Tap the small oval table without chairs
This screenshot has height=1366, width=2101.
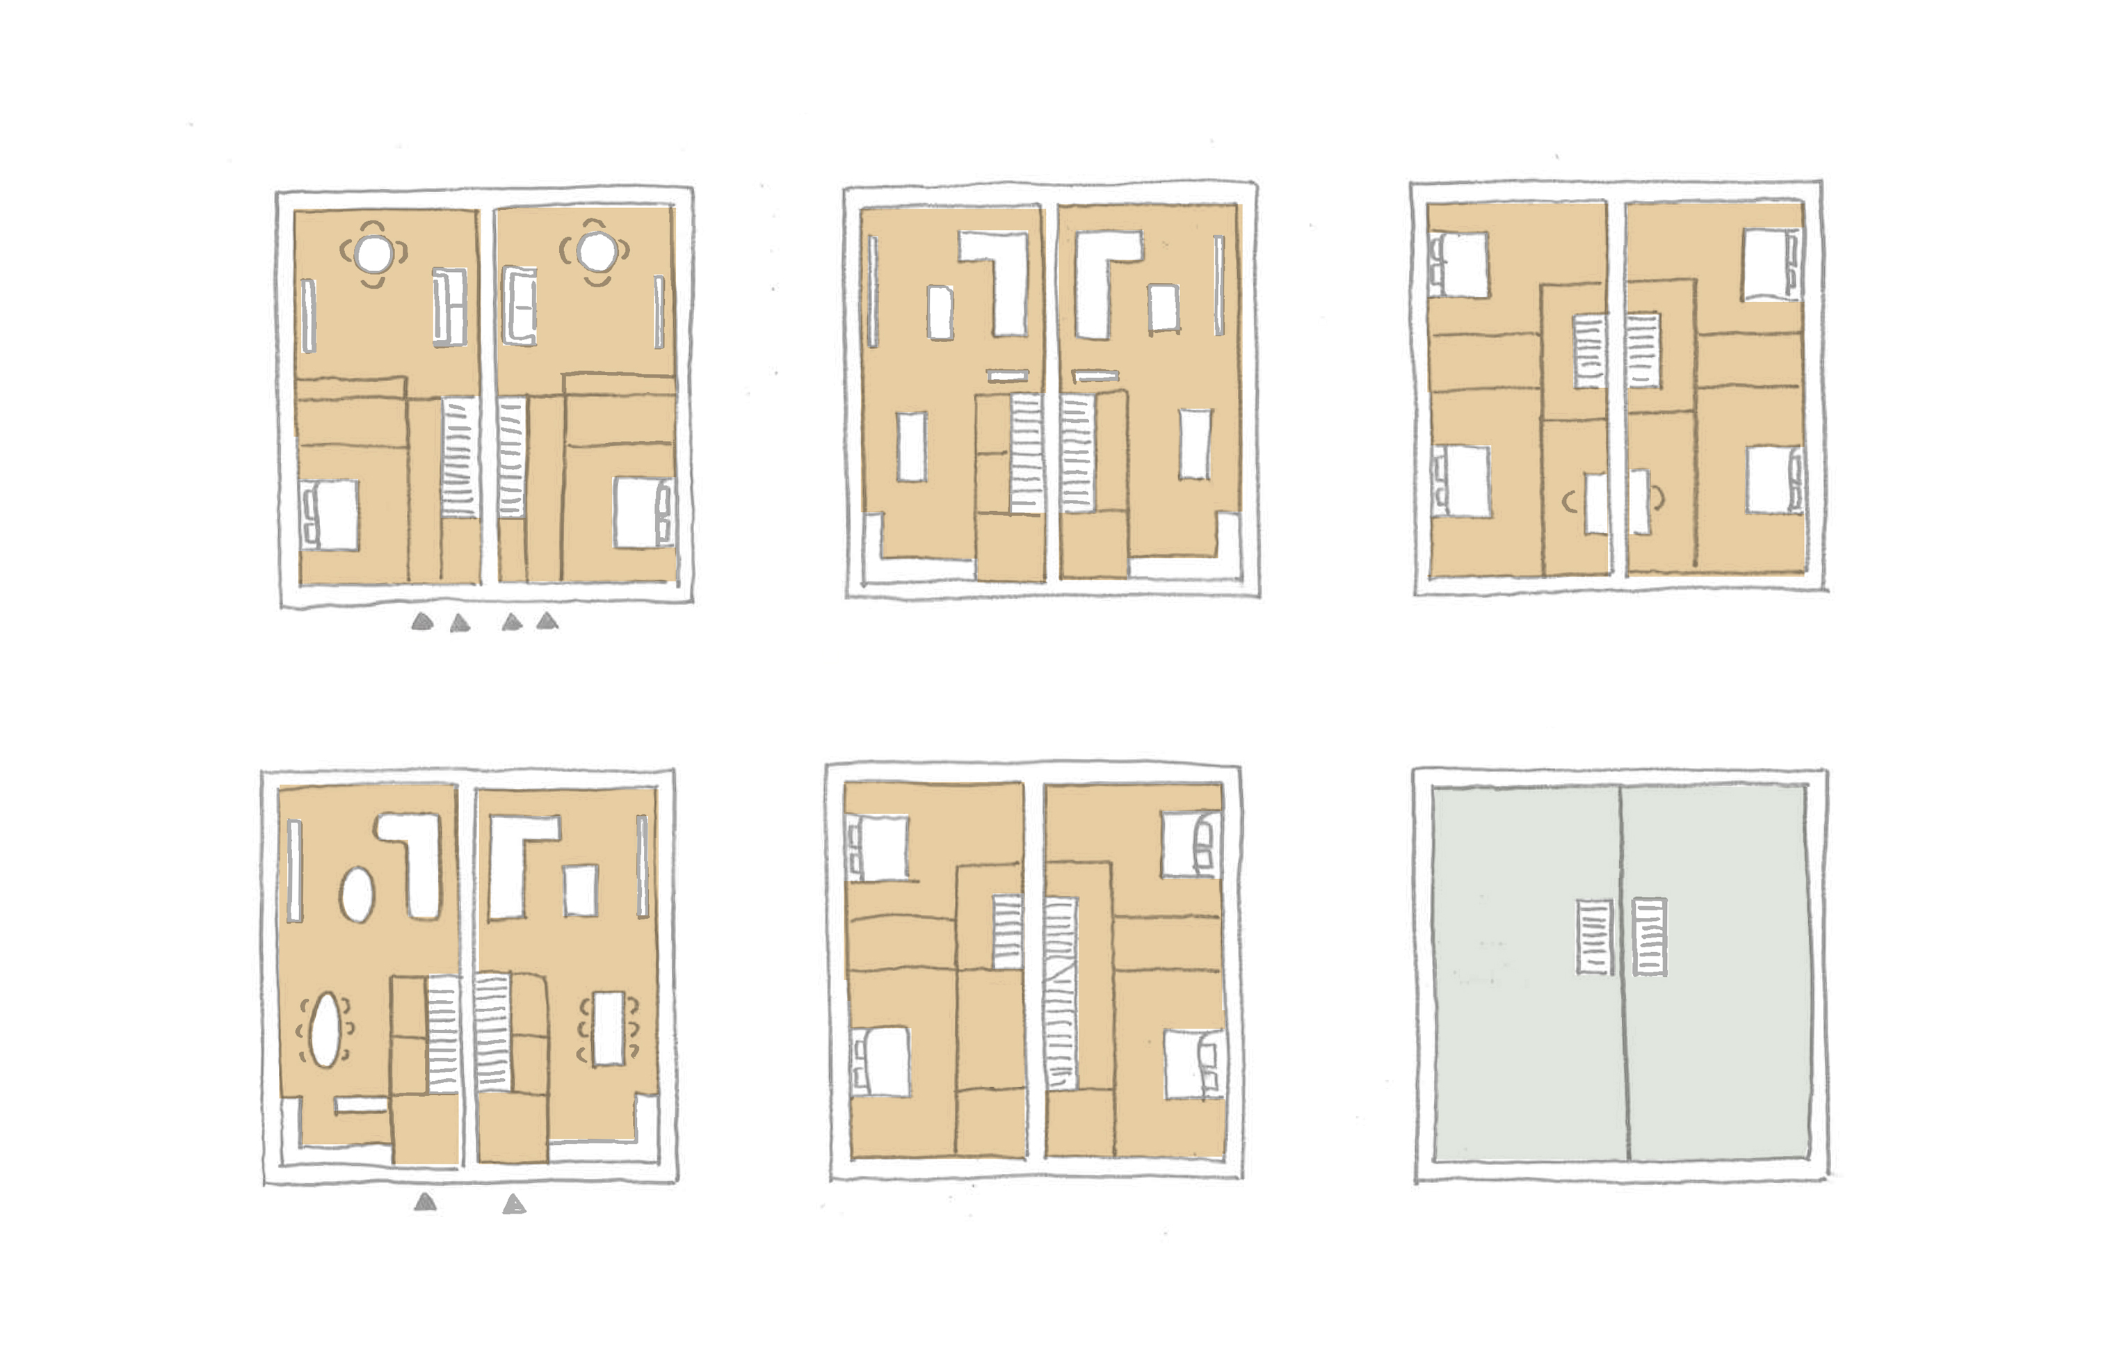click(x=357, y=894)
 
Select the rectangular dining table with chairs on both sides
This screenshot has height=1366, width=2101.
click(x=609, y=1029)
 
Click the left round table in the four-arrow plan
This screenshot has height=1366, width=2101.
click(x=373, y=253)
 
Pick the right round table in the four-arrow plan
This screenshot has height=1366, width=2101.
click(x=596, y=252)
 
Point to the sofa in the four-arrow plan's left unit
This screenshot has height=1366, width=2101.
click(x=449, y=307)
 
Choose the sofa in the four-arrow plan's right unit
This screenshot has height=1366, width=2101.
click(x=519, y=307)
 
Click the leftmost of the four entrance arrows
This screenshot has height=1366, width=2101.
click(x=422, y=622)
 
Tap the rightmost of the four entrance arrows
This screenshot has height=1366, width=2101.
click(x=547, y=622)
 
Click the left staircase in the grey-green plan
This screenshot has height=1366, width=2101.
click(x=1594, y=937)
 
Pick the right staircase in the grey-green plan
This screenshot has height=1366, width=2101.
click(x=1649, y=937)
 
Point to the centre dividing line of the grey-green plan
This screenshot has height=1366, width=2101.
click(x=1623, y=972)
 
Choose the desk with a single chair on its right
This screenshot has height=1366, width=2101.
click(x=1639, y=501)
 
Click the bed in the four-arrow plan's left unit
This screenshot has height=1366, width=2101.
click(x=331, y=515)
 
